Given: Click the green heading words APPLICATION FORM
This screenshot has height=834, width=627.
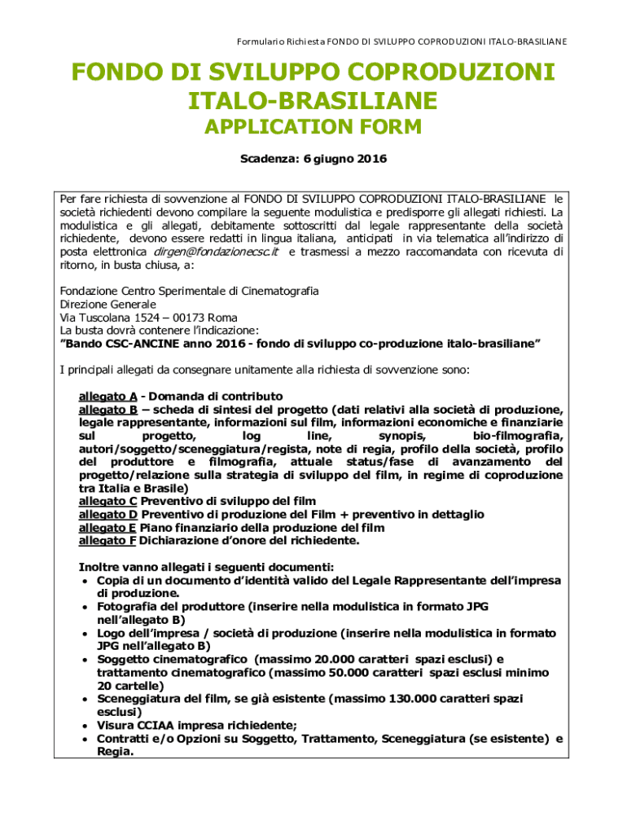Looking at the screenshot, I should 313,127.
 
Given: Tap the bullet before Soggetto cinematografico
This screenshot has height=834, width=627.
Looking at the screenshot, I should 85,660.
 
